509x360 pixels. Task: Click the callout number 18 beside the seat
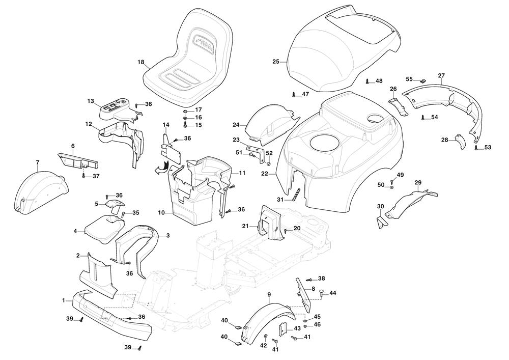click(x=141, y=62)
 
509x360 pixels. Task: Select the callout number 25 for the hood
click(x=276, y=62)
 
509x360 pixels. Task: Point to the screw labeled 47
click(x=294, y=94)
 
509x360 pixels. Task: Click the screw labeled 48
click(x=367, y=81)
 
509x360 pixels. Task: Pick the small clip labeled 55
click(x=422, y=80)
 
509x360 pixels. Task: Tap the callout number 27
click(x=441, y=75)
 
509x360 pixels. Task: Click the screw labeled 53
click(x=476, y=148)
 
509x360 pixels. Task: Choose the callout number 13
click(x=91, y=101)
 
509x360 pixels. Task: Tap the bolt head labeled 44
click(x=321, y=292)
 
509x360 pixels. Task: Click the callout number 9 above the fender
click(x=269, y=294)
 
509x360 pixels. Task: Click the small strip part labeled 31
click(x=297, y=195)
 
